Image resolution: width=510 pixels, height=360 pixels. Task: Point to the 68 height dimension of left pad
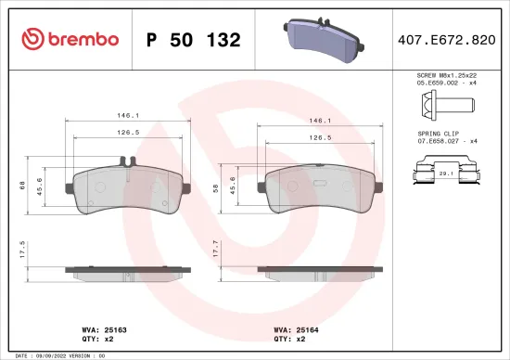tap(23, 186)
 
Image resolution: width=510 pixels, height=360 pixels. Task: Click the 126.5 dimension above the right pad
tap(320, 136)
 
